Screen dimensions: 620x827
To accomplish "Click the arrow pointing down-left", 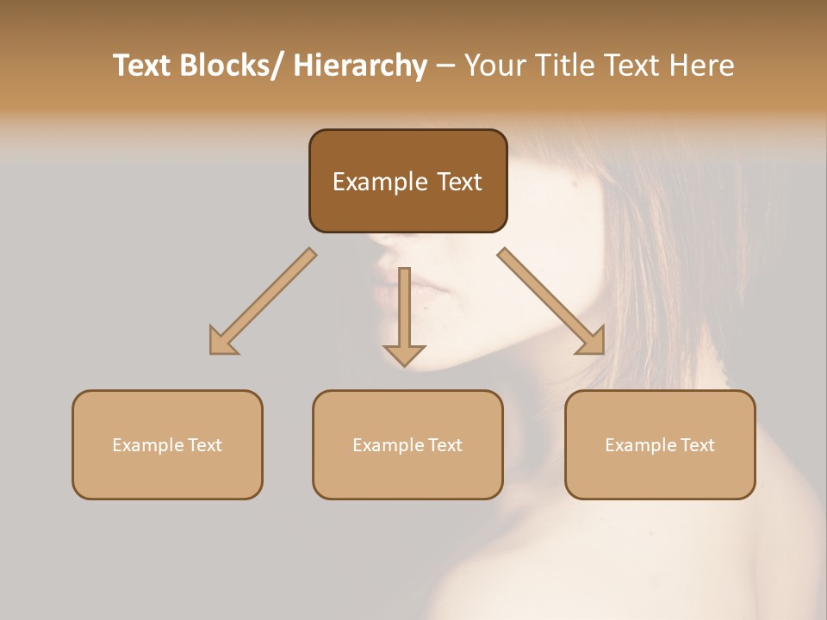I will (263, 301).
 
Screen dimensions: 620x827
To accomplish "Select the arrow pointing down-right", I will (551, 301).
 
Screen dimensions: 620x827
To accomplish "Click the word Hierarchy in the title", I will (360, 65).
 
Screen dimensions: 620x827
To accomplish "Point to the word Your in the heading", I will (494, 65).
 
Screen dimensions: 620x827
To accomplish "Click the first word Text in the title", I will (143, 65).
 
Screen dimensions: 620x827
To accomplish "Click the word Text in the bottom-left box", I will (204, 445).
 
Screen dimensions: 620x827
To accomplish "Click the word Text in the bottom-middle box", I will (445, 445).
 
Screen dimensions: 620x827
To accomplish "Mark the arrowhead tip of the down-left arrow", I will (212, 352).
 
